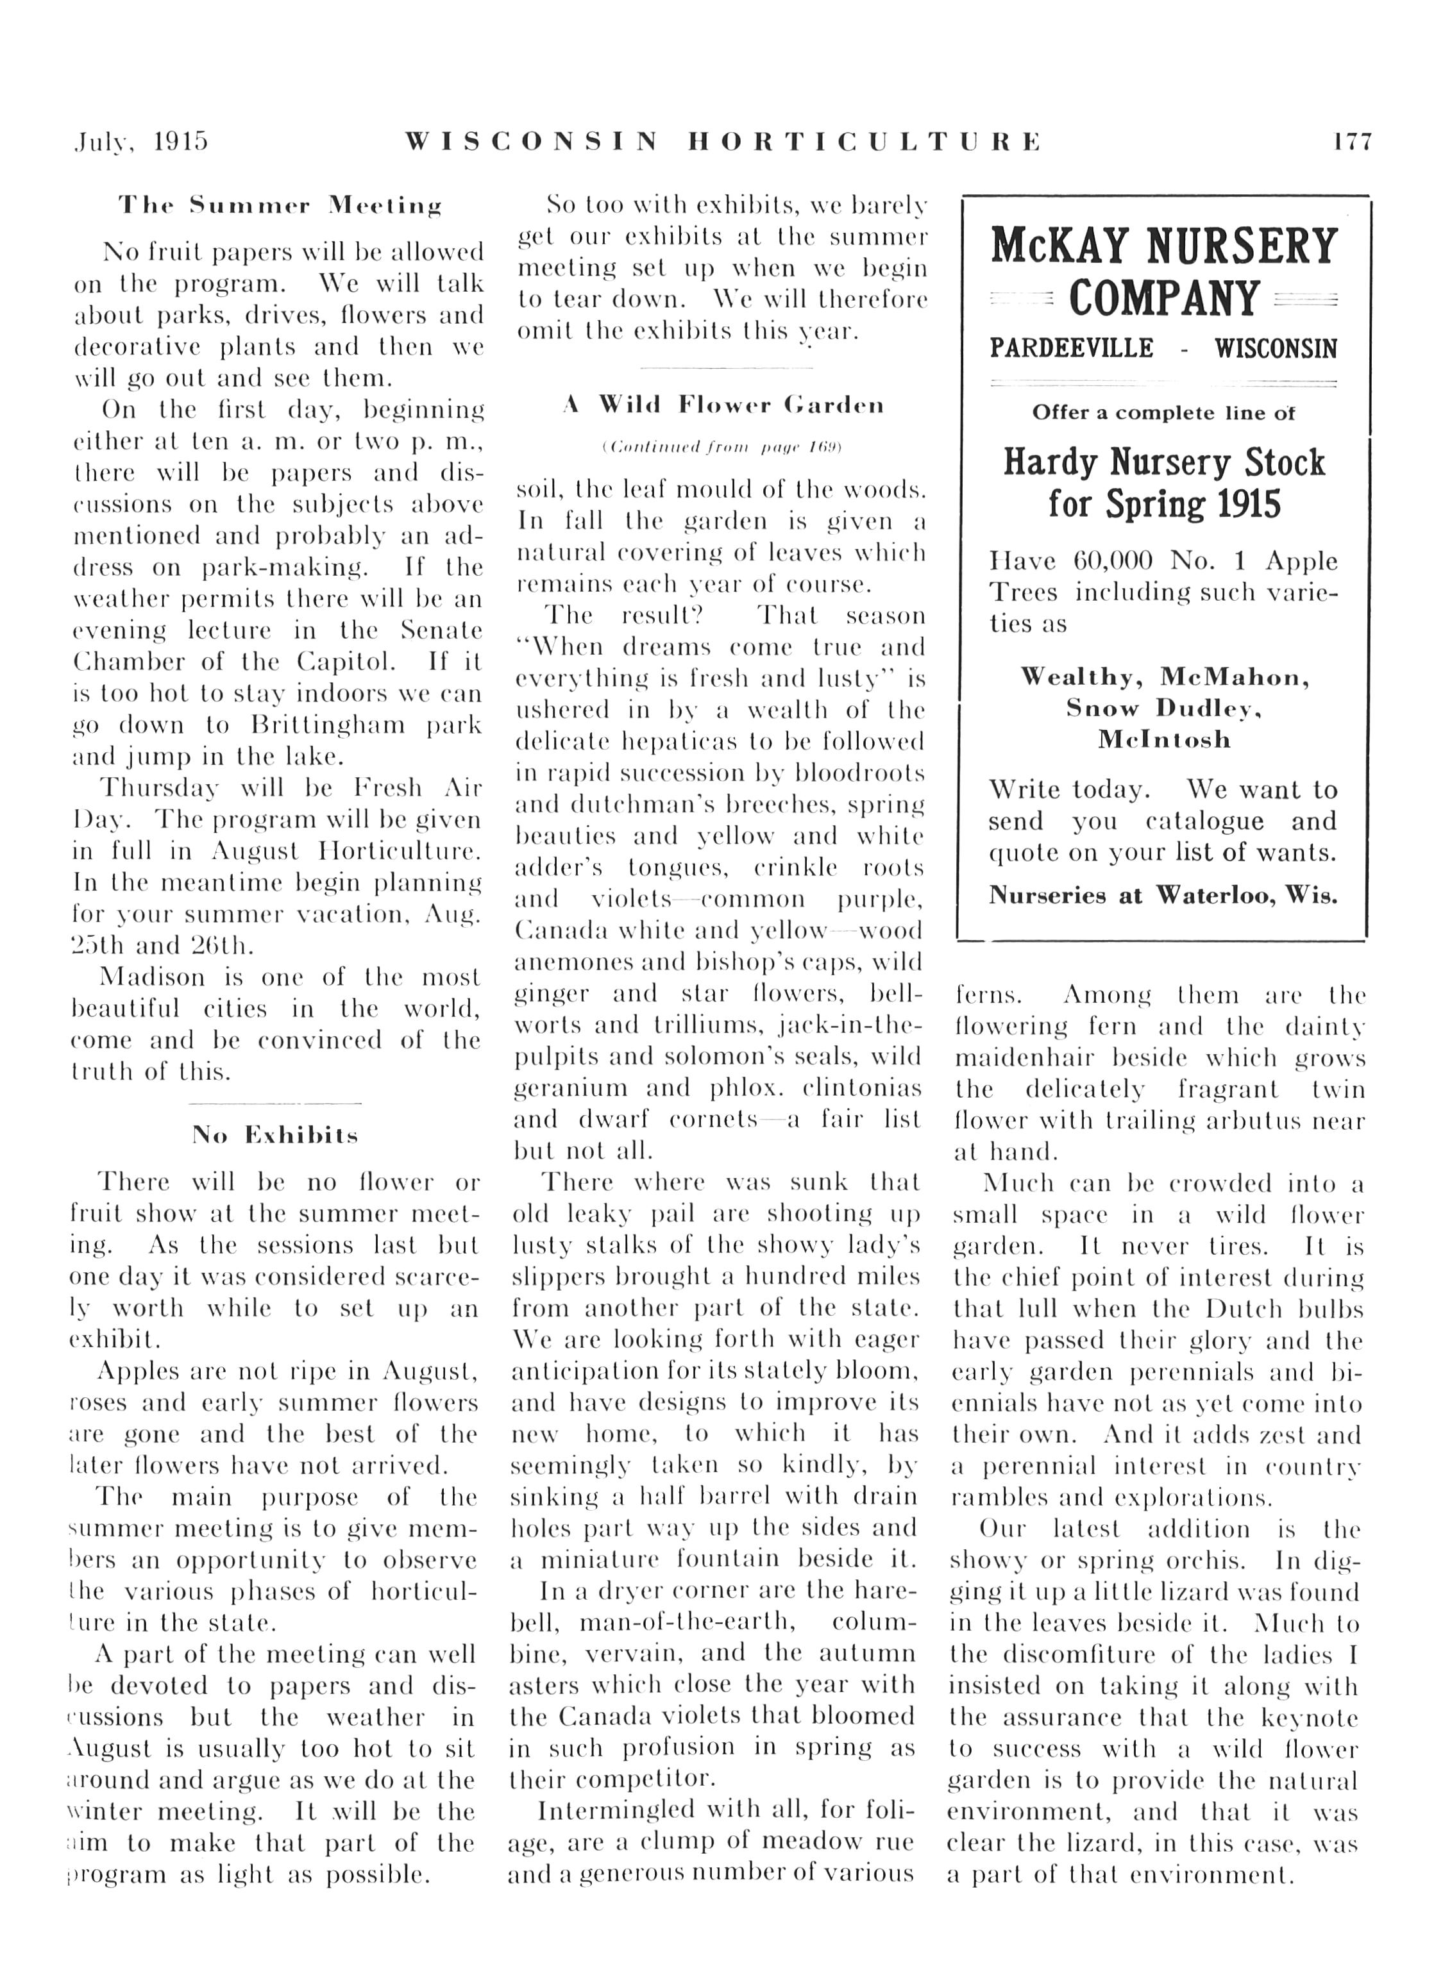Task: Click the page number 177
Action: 1352,142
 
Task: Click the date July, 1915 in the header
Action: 142,142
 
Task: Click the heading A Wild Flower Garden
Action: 723,405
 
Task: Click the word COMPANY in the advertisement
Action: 1163,299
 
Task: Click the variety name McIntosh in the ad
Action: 1163,739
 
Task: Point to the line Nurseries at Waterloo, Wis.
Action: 1163,895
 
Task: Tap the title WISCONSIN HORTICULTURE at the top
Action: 722,142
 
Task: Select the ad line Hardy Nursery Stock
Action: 1163,462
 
